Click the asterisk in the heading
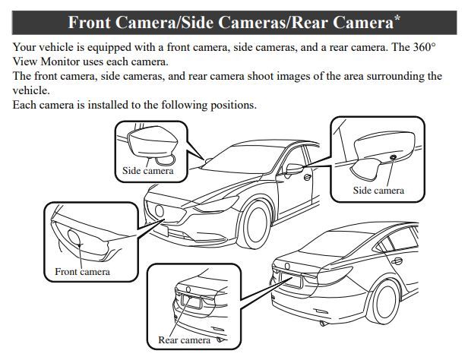[397, 17]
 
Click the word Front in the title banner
[89, 23]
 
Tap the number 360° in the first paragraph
[425, 47]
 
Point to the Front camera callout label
[82, 272]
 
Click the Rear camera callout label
[184, 340]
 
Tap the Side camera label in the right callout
[378, 191]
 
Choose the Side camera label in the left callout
[148, 171]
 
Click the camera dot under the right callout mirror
[393, 157]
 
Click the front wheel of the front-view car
[255, 224]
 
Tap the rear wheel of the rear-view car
[384, 302]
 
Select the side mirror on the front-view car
[294, 169]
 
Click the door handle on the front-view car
[307, 177]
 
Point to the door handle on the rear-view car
[397, 261]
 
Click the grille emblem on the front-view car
[160, 211]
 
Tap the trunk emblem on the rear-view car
[287, 266]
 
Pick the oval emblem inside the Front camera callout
[74, 238]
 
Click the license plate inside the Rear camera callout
[191, 302]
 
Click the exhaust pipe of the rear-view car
[323, 324]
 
